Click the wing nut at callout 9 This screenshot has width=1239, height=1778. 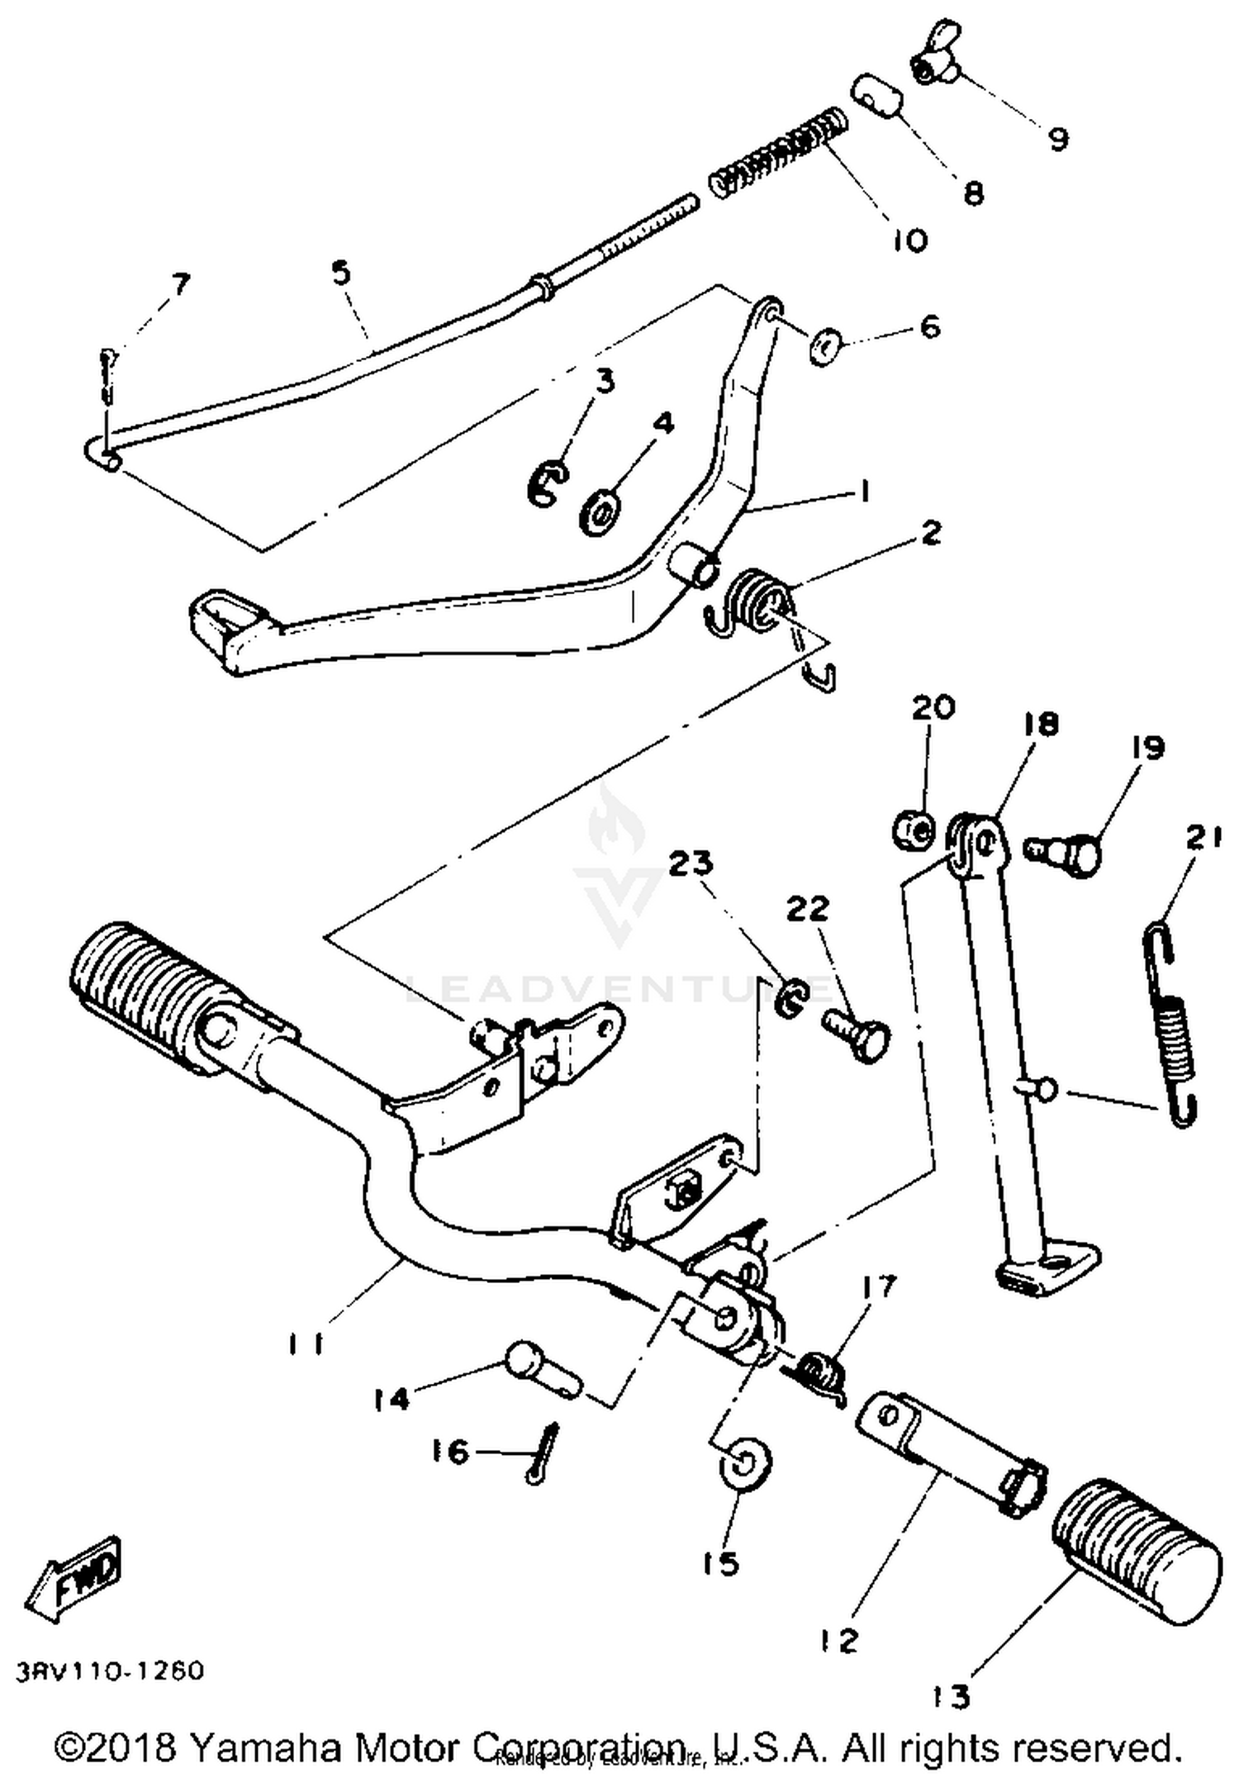click(932, 65)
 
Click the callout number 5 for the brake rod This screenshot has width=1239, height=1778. click(341, 272)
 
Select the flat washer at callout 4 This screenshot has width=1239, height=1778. click(601, 513)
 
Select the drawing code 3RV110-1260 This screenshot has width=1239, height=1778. click(109, 1671)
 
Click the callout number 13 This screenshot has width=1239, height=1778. click(952, 1697)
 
